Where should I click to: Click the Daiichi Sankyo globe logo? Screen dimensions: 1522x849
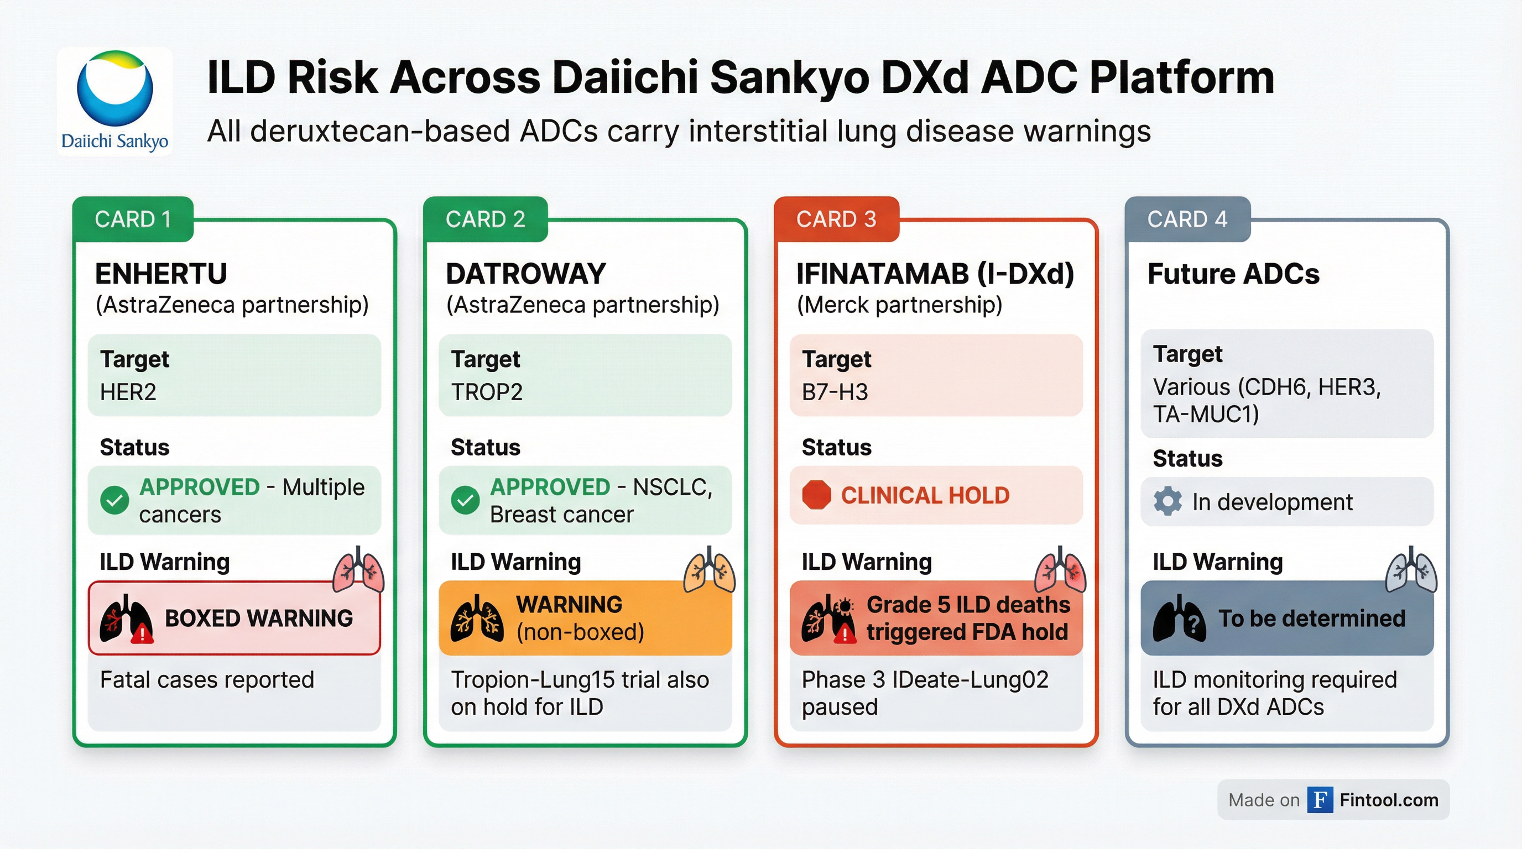[114, 88]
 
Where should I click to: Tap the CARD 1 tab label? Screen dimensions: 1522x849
[133, 219]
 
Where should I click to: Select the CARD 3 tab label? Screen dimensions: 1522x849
[836, 219]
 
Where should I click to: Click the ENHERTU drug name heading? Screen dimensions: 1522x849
[161, 274]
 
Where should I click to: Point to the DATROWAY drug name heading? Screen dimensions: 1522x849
[526, 274]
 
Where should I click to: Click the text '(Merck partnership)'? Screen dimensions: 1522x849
[899, 305]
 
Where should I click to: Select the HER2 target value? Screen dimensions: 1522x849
[128, 392]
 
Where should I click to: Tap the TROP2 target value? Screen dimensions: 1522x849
[487, 392]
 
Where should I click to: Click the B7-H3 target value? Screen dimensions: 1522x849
[835, 392]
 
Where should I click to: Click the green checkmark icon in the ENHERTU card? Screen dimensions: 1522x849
[114, 501]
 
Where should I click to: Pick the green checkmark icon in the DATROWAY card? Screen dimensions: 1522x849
[466, 501]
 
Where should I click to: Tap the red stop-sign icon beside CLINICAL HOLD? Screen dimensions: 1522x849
[816, 495]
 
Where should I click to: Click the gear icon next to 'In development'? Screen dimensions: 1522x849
[1167, 502]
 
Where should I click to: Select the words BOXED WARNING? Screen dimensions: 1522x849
[259, 618]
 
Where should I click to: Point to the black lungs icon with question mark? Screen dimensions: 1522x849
[1179, 619]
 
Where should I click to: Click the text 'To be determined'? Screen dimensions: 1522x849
[1312, 618]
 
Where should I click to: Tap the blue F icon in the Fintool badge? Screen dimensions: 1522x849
[1320, 800]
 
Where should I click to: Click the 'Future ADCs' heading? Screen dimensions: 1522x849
[1233, 274]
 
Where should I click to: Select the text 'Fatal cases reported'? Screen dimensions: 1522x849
[207, 679]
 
